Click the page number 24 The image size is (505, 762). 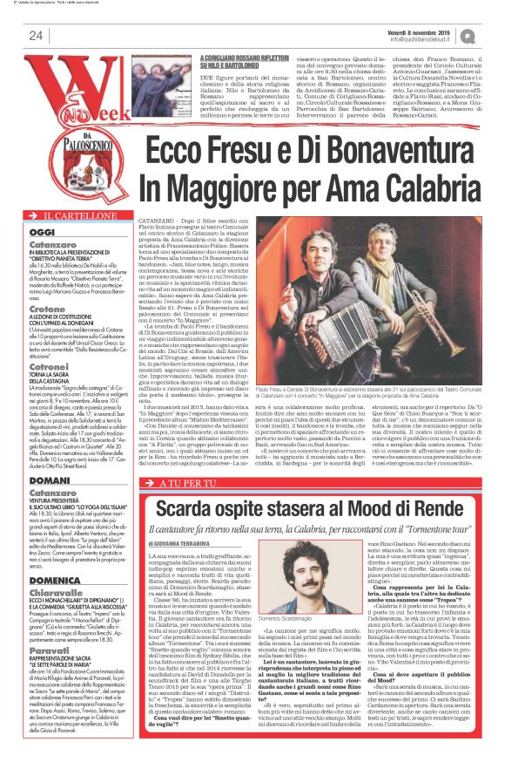(37, 35)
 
